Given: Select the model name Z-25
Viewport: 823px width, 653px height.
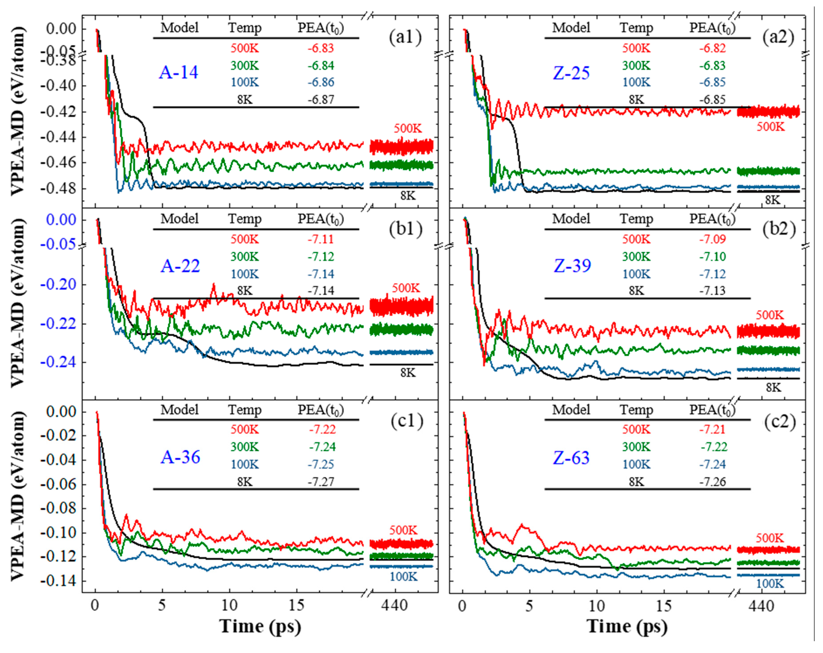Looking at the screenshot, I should click(571, 73).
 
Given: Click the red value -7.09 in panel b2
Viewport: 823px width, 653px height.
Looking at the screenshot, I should click(712, 239).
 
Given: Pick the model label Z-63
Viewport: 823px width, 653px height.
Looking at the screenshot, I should click(571, 458).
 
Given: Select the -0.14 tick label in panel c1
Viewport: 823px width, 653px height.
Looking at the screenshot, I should click(58, 581).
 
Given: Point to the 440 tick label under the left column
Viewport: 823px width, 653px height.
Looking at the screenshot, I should click(395, 605).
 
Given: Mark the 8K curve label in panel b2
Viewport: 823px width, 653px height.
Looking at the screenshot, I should click(773, 388).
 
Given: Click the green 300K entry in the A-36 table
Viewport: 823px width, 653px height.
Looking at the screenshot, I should click(244, 447).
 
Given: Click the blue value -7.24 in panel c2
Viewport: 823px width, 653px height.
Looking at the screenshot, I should click(712, 465).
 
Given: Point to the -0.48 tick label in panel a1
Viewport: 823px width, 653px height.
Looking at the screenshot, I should click(58, 188).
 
